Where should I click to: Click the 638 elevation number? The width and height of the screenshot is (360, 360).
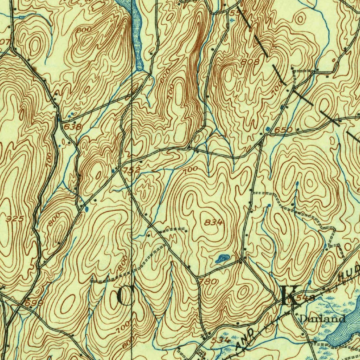73,127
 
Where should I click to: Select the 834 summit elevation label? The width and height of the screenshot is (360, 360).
214,222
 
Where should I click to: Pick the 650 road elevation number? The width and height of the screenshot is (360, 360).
283,130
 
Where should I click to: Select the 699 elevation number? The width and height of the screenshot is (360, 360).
34,303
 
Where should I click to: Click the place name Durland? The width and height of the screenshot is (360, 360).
322,319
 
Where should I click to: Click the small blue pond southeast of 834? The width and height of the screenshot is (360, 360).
221,259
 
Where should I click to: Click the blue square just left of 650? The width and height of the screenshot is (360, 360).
269,129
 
